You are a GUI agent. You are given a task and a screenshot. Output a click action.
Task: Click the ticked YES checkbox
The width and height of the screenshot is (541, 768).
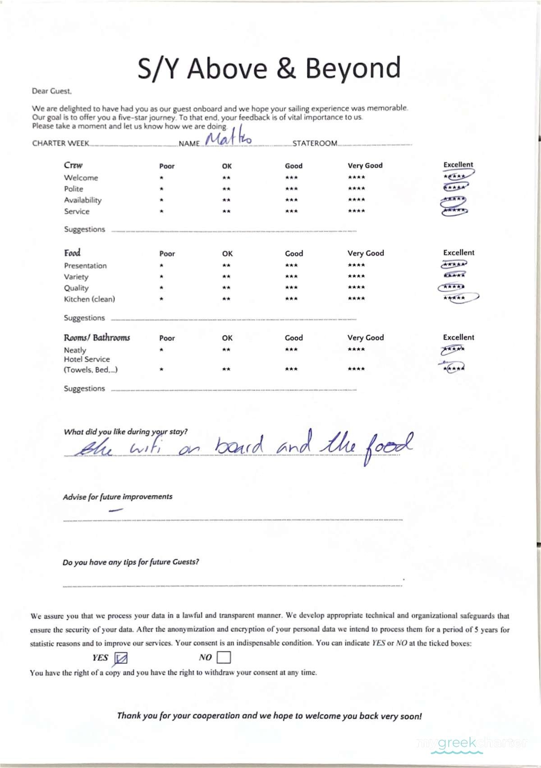point(121,658)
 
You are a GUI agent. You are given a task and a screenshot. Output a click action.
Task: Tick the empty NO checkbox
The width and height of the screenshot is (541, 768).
point(224,658)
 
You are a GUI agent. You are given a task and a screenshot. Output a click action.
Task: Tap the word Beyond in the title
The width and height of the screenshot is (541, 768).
point(353,69)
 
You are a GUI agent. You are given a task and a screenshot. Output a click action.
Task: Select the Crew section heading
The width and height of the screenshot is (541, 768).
point(73,165)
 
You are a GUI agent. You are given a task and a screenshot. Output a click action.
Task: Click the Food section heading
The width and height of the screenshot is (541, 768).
point(72,253)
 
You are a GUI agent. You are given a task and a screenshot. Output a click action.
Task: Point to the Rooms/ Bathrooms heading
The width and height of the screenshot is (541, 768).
point(97,338)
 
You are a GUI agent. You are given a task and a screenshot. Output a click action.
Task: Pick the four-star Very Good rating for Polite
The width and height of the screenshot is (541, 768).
point(356,189)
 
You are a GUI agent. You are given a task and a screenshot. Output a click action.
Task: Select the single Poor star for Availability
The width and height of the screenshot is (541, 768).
point(161,200)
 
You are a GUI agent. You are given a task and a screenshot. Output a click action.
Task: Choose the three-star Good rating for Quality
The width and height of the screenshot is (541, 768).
point(291,287)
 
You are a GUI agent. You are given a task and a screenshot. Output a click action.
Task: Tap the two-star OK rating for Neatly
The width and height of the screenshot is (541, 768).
point(226,350)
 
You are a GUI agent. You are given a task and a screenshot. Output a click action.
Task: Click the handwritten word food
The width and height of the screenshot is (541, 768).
point(389,445)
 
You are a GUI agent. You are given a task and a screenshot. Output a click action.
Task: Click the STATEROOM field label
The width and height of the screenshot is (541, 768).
point(315,143)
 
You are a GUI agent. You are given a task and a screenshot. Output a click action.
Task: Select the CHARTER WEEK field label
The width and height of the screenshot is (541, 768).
point(60,143)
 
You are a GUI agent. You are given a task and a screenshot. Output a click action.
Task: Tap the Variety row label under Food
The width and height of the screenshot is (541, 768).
point(76,276)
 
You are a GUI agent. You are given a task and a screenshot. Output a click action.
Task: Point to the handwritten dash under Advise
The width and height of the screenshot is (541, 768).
point(116,510)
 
